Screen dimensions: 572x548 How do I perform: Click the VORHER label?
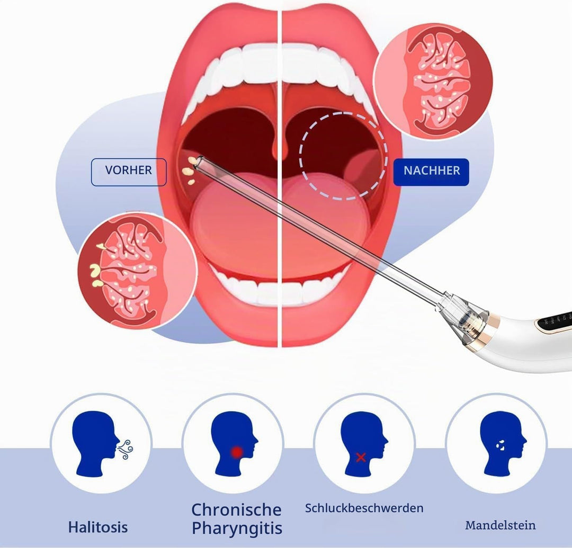click(x=128, y=170)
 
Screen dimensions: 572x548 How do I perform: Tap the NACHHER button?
click(x=432, y=170)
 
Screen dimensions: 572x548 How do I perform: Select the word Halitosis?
click(x=98, y=527)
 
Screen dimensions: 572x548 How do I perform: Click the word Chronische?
click(x=236, y=509)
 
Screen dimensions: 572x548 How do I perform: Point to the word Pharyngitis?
click(x=237, y=528)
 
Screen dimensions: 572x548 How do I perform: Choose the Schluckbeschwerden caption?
click(x=364, y=508)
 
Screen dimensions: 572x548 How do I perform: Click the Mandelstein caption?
click(x=501, y=525)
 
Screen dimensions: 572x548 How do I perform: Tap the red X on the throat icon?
click(x=361, y=457)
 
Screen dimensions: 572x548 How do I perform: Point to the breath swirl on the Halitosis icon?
click(x=125, y=449)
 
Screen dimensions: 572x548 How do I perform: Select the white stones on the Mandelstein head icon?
click(x=501, y=445)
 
